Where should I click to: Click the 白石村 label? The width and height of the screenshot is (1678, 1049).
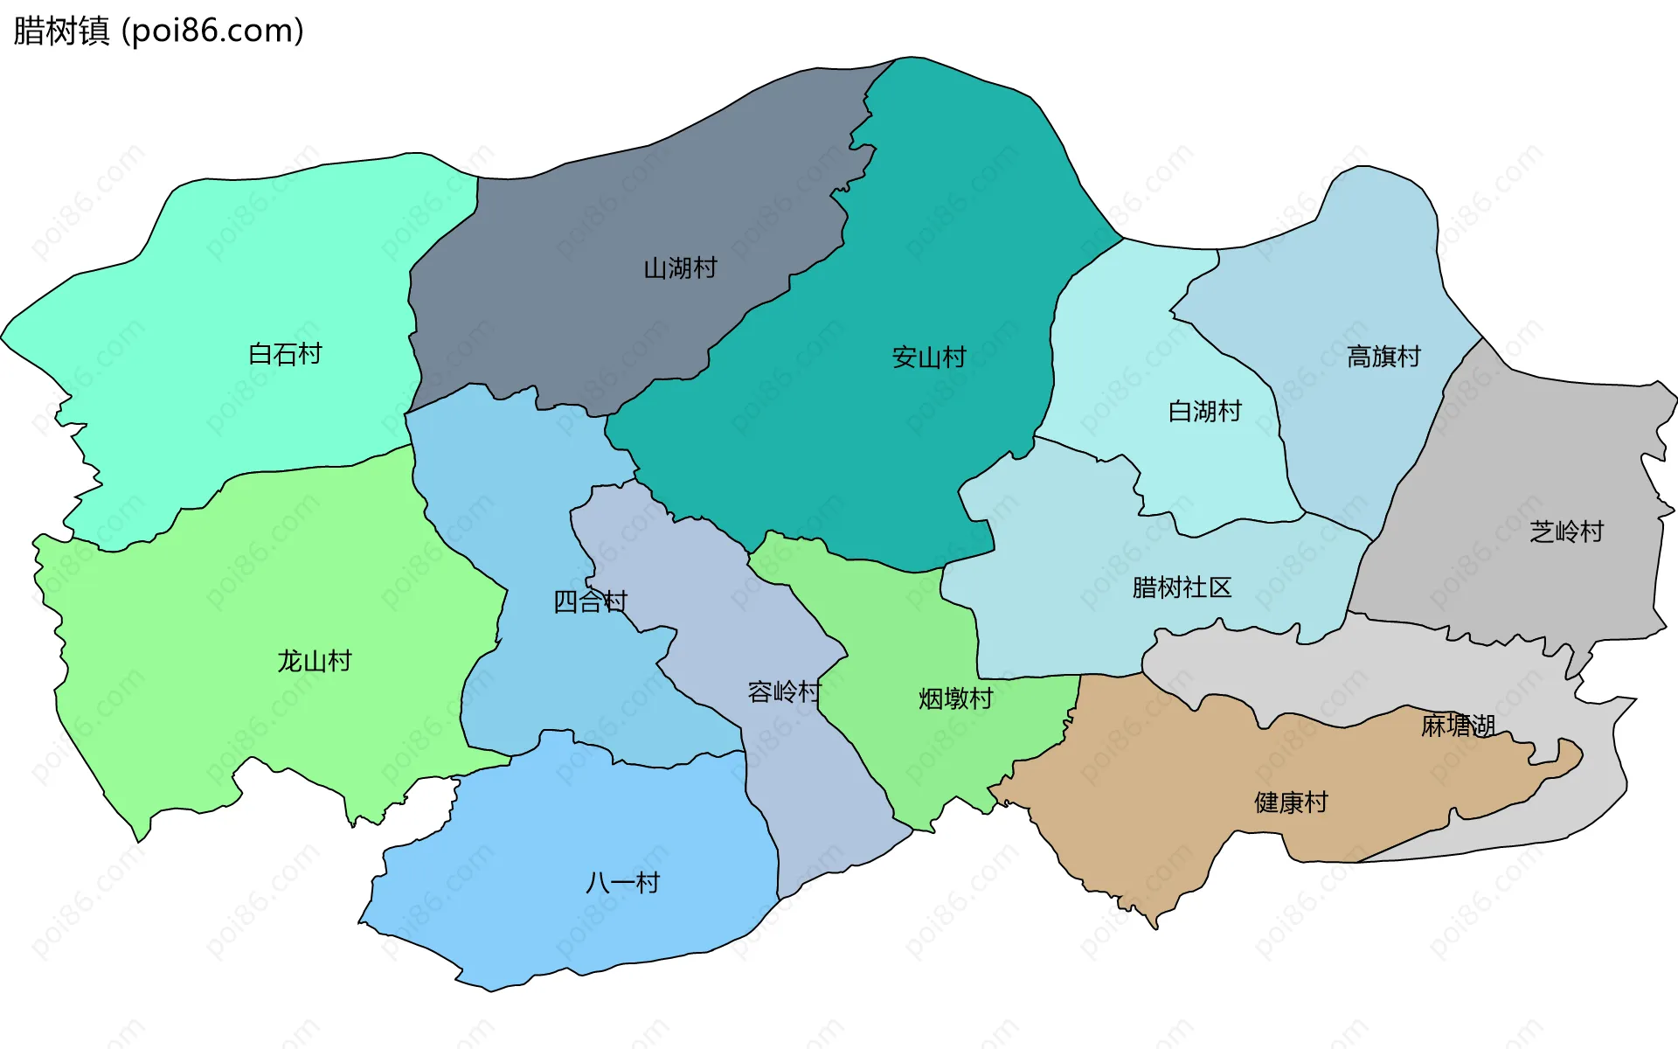point(285,354)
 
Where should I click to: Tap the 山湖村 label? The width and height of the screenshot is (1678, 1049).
point(680,268)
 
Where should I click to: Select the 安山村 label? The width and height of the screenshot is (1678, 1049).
point(928,358)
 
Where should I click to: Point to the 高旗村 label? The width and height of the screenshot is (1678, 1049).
point(1383,357)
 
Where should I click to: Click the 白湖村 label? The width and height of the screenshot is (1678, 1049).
point(1204,411)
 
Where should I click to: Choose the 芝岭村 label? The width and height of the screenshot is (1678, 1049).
point(1566,531)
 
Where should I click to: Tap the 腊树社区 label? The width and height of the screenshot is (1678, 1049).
point(1182,587)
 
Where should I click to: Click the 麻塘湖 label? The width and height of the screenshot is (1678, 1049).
point(1458,726)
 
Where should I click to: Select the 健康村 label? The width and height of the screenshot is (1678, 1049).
point(1291,802)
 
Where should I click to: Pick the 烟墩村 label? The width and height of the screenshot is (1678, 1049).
point(955,698)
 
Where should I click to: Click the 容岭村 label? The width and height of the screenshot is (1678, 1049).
point(784,692)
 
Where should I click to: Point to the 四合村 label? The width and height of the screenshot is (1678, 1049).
point(590,601)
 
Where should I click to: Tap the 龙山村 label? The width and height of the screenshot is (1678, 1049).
point(315,661)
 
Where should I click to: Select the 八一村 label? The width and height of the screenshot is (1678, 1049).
point(622,883)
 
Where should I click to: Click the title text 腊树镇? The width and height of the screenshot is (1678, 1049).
point(61,31)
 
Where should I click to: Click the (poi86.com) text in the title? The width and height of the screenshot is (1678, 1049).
point(212,31)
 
